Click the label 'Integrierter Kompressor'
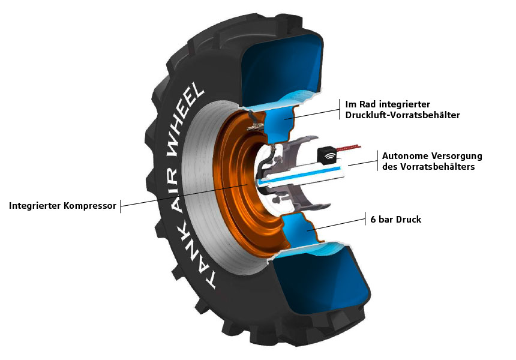click(62, 206)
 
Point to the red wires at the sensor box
click(349, 147)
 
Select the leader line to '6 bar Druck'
click(339, 223)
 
